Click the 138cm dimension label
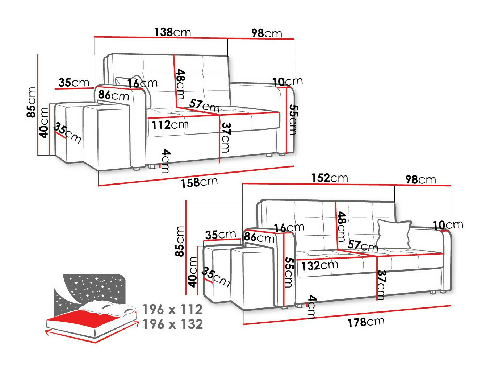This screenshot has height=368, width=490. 172,32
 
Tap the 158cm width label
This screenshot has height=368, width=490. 199,182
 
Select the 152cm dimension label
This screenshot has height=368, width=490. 329,178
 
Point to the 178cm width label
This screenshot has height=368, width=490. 366,322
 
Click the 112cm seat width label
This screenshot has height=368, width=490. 170,125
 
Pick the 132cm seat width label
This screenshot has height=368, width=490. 319,265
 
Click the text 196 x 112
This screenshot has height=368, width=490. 172,309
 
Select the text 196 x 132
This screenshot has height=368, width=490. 172,324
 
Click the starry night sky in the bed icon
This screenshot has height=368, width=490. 91,286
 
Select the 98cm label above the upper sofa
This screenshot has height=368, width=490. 267,33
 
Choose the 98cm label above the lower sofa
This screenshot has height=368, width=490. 420,179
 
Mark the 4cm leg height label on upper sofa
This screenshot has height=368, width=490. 165,161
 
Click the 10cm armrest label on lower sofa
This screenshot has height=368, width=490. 448,225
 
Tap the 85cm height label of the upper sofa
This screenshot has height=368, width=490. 32,102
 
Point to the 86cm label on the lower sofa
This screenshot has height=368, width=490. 259,237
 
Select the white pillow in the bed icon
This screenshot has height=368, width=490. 109,307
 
